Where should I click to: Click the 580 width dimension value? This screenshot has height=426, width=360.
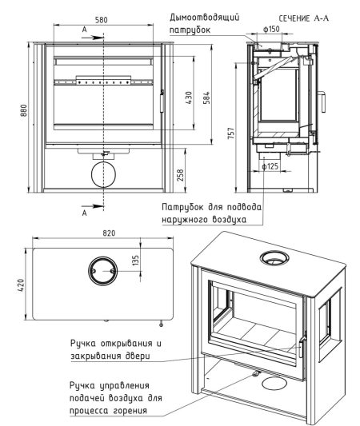tap(101, 20)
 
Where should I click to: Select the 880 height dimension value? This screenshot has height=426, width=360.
tap(24, 110)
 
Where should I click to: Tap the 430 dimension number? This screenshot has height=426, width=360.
tap(189, 98)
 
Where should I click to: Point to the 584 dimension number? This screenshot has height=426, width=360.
tap(206, 98)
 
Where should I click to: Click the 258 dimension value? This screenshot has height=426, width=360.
tap(180, 175)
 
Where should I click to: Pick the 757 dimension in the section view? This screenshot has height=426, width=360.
tap(231, 133)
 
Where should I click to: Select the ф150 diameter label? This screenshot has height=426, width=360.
tap(271, 29)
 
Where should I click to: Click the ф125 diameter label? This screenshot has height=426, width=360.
tap(270, 166)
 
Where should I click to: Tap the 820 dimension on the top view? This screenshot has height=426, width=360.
tap(109, 233)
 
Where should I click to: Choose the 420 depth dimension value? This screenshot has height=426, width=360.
tap(21, 285)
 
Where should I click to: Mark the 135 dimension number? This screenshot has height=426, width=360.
tap(135, 260)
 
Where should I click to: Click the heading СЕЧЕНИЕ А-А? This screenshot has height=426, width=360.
tap(303, 18)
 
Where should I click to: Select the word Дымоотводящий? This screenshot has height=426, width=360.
tap(205, 18)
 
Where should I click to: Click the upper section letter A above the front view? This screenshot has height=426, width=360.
tap(85, 30)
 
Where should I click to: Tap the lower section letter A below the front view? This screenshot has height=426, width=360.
tap(85, 213)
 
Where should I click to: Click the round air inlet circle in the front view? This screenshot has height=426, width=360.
tap(103, 162)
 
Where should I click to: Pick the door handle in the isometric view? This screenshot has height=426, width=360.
tap(302, 347)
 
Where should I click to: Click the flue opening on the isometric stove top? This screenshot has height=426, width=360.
tap(274, 252)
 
